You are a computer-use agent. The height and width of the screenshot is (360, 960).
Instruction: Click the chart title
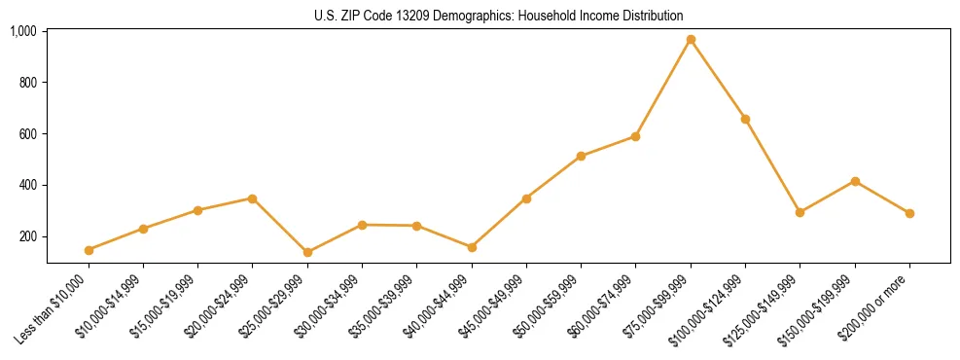click(499, 16)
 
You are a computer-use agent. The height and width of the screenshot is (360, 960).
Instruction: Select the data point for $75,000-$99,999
click(691, 40)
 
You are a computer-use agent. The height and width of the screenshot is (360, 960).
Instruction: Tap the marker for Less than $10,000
click(89, 250)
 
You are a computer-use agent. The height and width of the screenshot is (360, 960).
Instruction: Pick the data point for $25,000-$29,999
click(307, 252)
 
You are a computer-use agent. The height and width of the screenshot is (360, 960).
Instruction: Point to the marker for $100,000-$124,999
click(745, 119)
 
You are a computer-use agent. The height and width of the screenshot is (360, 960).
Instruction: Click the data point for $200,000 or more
click(909, 213)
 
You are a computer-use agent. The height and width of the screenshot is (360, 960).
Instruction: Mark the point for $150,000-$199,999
click(855, 181)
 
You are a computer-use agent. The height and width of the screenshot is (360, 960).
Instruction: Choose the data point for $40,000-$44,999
click(472, 247)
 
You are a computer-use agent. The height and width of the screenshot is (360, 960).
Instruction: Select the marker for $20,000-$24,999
click(253, 198)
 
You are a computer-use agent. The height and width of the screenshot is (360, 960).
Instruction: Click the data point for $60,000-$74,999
click(635, 136)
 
